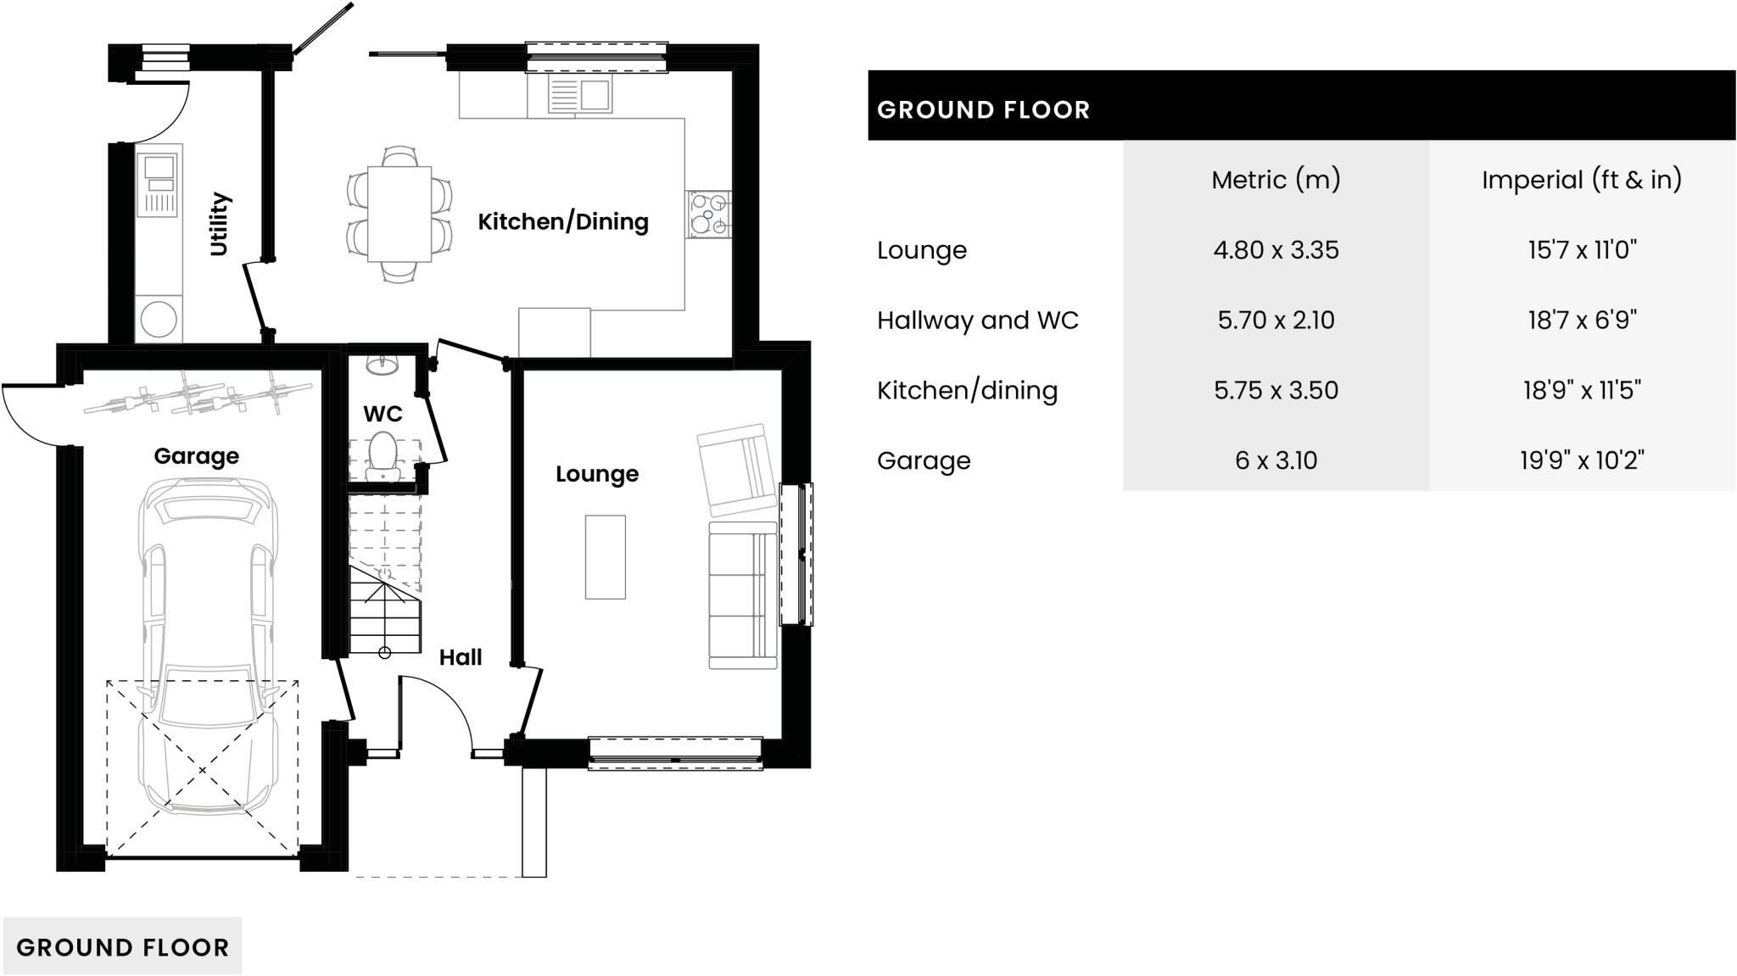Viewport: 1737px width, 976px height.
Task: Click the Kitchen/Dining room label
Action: click(x=563, y=222)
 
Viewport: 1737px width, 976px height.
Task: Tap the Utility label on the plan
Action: click(x=220, y=224)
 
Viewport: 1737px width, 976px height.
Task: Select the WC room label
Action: click(x=383, y=414)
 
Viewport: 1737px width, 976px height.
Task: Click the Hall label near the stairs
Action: click(x=461, y=657)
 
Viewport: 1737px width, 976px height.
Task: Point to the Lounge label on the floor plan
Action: click(x=597, y=474)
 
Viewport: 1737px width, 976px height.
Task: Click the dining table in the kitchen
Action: click(x=399, y=214)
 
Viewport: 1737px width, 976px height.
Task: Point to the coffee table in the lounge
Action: click(x=605, y=557)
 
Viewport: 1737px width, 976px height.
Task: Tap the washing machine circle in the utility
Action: click(x=159, y=320)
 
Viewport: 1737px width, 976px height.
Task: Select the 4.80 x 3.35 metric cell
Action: click(x=1276, y=250)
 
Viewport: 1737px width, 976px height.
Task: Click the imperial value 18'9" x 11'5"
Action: click(x=1581, y=390)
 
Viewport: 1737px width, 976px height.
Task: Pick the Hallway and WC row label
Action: click(x=977, y=321)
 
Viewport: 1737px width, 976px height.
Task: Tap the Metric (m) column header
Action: click(x=1276, y=180)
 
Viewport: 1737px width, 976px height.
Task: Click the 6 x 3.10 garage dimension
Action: click(x=1276, y=460)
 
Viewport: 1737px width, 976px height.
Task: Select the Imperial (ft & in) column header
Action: click(x=1581, y=180)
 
